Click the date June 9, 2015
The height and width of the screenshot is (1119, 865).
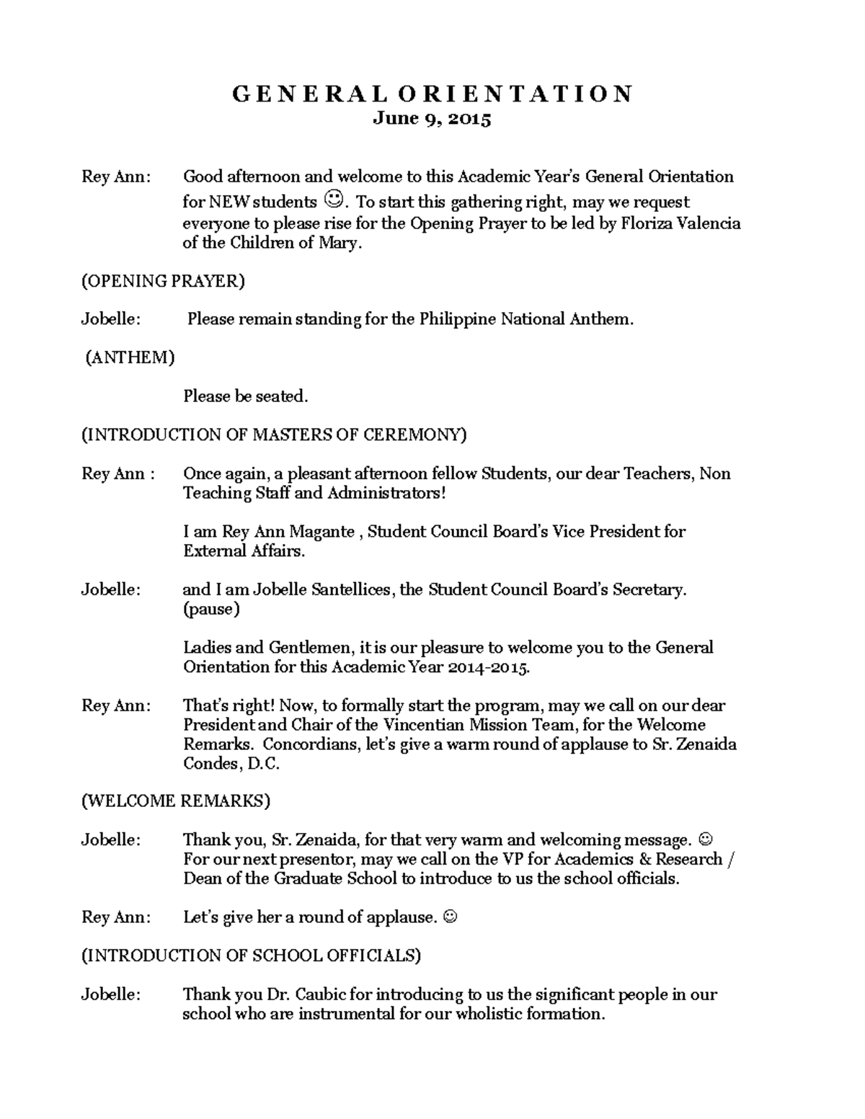point(432,119)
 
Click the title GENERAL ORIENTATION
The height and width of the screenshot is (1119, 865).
point(432,94)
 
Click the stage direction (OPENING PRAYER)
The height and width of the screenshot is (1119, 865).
point(163,281)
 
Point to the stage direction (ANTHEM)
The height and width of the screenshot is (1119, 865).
point(130,357)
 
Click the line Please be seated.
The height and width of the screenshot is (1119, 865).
point(245,396)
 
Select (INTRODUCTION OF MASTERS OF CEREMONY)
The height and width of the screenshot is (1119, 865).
point(274,434)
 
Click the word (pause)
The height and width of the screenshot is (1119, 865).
point(211,609)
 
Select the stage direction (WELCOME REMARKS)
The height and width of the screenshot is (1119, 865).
point(176,801)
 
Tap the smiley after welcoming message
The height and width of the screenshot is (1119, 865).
point(706,839)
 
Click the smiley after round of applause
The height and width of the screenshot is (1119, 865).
point(449,917)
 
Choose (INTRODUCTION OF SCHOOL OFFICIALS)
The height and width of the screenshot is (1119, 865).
point(251,955)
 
